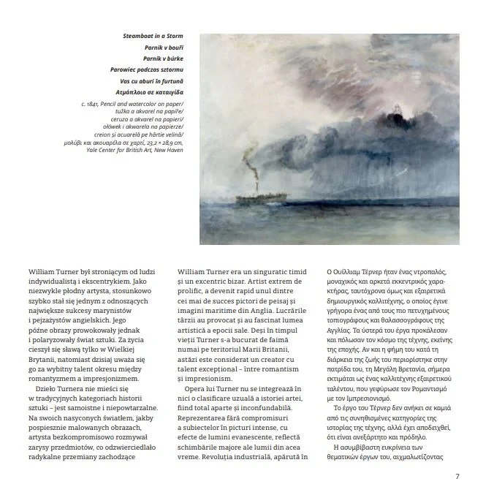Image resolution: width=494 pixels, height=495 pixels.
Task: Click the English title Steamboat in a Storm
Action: pos(153,36)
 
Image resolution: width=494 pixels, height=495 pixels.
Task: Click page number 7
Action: pos(457,477)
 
